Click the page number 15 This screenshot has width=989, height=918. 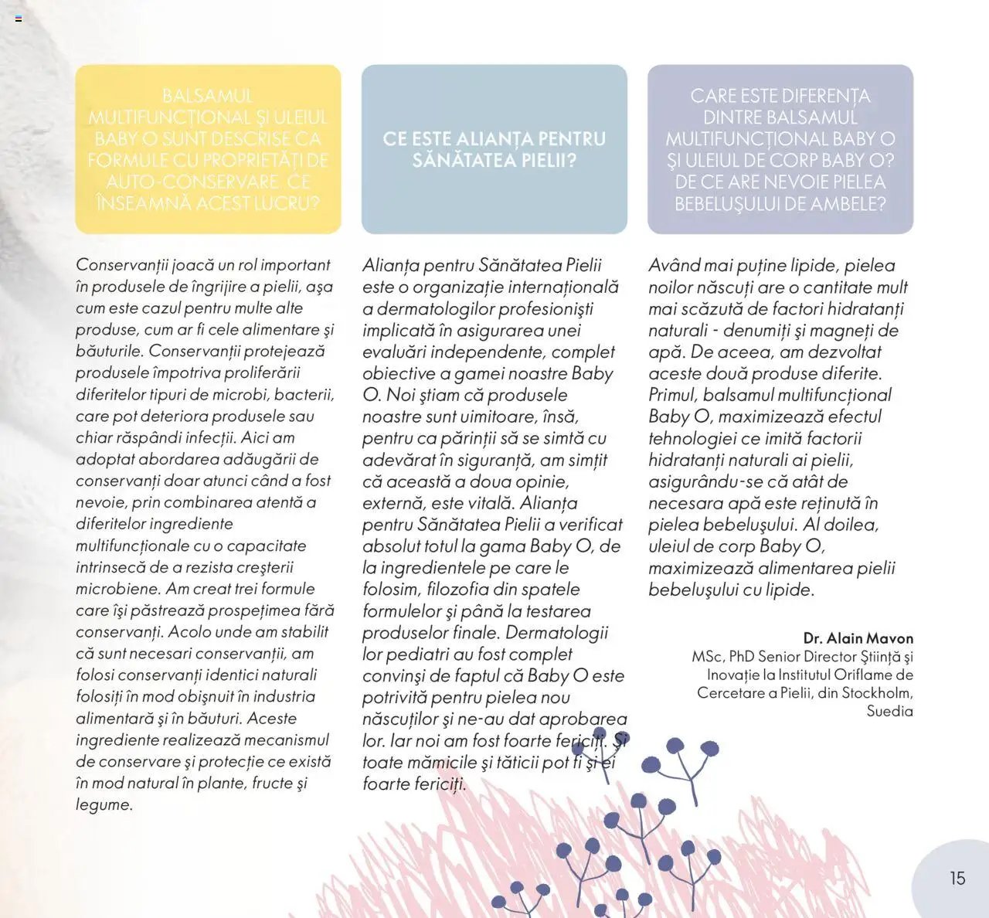957,879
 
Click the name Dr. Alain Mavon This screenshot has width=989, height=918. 858,638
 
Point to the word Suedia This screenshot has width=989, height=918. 889,711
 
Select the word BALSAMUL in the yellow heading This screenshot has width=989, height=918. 208,97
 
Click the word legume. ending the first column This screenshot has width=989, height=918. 104,804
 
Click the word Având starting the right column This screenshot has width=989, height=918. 675,265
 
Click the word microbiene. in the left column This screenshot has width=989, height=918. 118,589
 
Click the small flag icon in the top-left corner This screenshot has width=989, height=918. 19,19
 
